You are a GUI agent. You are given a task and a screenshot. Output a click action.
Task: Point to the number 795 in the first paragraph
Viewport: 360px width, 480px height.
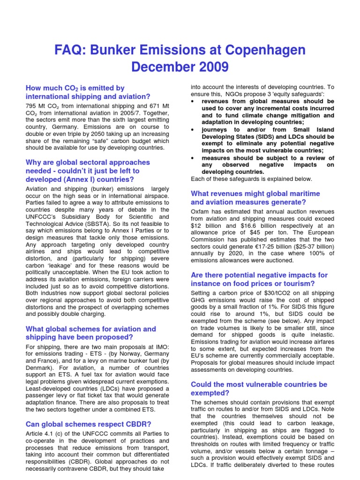click(31, 106)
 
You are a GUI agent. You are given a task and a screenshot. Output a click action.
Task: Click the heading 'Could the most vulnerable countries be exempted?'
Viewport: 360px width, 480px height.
click(259, 389)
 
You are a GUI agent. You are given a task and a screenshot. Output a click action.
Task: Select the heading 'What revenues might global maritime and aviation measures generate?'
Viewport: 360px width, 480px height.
click(255, 198)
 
